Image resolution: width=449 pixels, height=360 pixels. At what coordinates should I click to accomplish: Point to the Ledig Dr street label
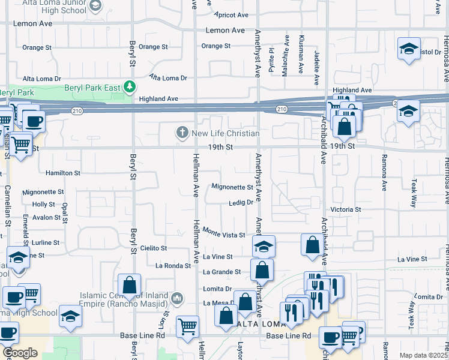[x=241, y=203]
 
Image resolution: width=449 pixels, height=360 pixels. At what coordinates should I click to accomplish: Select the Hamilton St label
[x=63, y=173]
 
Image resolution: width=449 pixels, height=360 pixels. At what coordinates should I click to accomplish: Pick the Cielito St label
[x=153, y=247]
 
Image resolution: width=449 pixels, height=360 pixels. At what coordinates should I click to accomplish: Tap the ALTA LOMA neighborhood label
[x=259, y=324]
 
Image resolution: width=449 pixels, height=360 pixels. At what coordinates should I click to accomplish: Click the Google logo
[x=20, y=353]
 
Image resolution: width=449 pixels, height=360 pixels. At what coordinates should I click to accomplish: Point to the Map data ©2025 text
[x=423, y=355]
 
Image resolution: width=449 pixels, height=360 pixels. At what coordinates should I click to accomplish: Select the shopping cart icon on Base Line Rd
[x=188, y=326]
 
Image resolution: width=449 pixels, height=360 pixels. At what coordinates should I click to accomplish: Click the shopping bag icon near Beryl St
[x=129, y=284]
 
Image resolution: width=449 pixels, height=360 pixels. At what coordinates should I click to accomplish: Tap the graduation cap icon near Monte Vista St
[x=264, y=246]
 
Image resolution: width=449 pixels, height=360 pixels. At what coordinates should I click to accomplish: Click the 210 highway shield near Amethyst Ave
[x=282, y=109]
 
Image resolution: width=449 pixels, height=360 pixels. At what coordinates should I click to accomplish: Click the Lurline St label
[x=46, y=242]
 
